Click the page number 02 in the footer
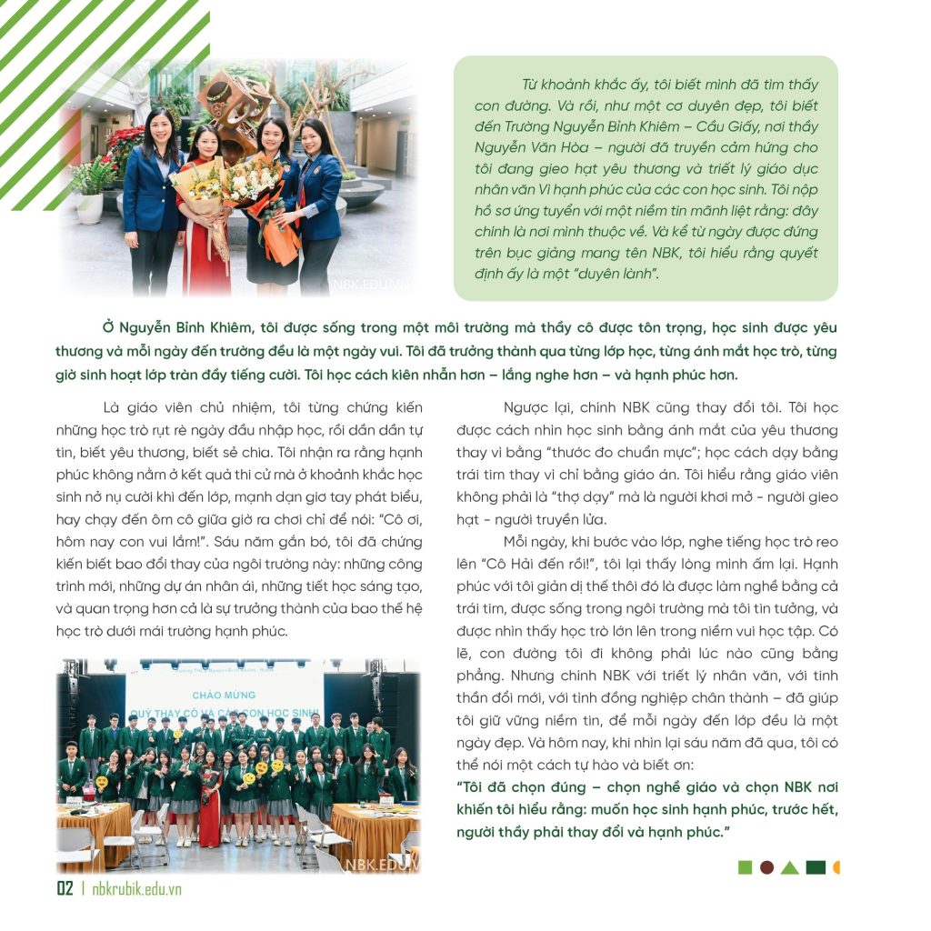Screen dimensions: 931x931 click(65, 888)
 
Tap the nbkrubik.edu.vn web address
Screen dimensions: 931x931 click(136, 889)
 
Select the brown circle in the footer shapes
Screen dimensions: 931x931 click(766, 867)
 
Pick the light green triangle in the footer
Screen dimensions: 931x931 click(789, 867)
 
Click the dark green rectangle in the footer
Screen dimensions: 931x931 click(815, 867)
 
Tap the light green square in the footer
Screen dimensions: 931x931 click(745, 867)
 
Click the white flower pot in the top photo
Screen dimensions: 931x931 click(89, 207)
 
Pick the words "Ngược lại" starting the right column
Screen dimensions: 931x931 click(536, 407)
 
